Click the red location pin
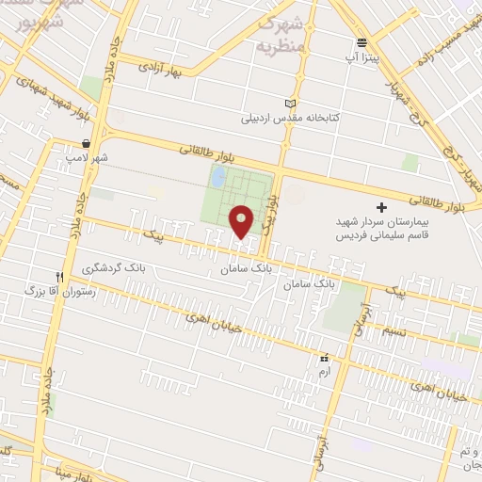[242, 220]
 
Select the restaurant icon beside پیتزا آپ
[362, 42]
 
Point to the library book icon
[289, 104]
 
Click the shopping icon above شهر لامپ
[87, 144]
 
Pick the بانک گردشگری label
[117, 268]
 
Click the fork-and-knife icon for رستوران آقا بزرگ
[59, 277]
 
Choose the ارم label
[325, 373]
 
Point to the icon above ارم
[325, 358]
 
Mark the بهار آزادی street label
[159, 67]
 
